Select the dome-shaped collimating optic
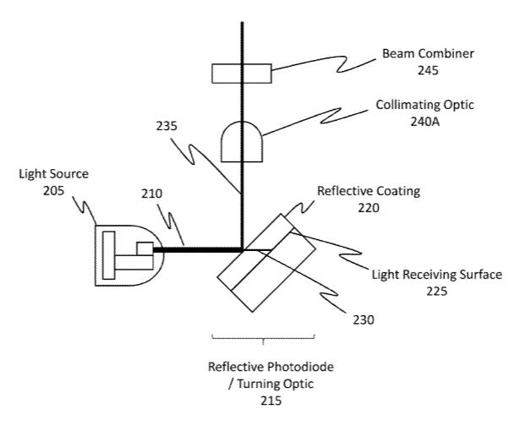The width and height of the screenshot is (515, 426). [242, 142]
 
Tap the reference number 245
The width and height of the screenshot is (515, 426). [428, 70]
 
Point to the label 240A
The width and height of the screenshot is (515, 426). [425, 122]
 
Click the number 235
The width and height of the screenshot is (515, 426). [167, 126]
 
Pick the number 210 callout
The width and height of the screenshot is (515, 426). [151, 194]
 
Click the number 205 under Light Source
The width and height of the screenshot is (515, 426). [53, 191]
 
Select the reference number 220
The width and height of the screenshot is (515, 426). [369, 208]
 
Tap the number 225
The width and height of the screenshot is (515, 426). [437, 291]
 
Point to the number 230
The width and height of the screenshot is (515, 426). [364, 319]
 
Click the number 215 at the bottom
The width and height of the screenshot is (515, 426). [271, 401]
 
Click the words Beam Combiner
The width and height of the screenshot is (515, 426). [428, 53]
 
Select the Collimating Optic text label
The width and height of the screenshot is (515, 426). [425, 105]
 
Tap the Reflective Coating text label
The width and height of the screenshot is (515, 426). [369, 191]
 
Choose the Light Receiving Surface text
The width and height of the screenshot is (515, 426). [437, 275]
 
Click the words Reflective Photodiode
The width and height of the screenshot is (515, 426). [271, 367]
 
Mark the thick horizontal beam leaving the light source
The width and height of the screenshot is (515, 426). [197, 250]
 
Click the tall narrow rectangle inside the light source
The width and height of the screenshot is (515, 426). [109, 255]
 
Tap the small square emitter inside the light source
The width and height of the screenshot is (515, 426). [145, 248]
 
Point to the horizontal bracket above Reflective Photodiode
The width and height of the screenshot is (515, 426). [263, 338]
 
